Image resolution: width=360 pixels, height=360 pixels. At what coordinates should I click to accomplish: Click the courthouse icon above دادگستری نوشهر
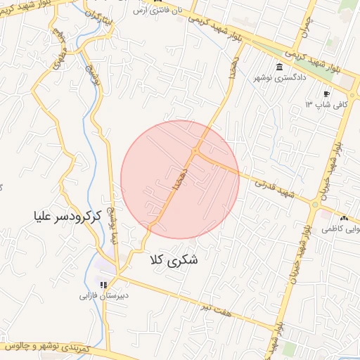(x=279, y=67)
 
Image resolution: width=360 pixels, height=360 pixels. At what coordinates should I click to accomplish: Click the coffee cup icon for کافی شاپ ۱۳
(x=326, y=94)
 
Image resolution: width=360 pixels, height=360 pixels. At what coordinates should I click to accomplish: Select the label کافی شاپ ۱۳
(x=317, y=103)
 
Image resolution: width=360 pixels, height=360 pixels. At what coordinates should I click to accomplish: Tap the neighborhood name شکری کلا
(x=174, y=259)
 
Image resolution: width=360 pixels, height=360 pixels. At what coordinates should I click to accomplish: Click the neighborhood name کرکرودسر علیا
(x=67, y=213)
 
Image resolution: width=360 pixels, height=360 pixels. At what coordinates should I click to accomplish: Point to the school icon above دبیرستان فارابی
(x=104, y=285)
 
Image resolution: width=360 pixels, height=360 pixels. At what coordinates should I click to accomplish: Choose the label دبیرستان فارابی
(x=103, y=296)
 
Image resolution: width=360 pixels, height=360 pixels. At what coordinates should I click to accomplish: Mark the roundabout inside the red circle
(x=195, y=151)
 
